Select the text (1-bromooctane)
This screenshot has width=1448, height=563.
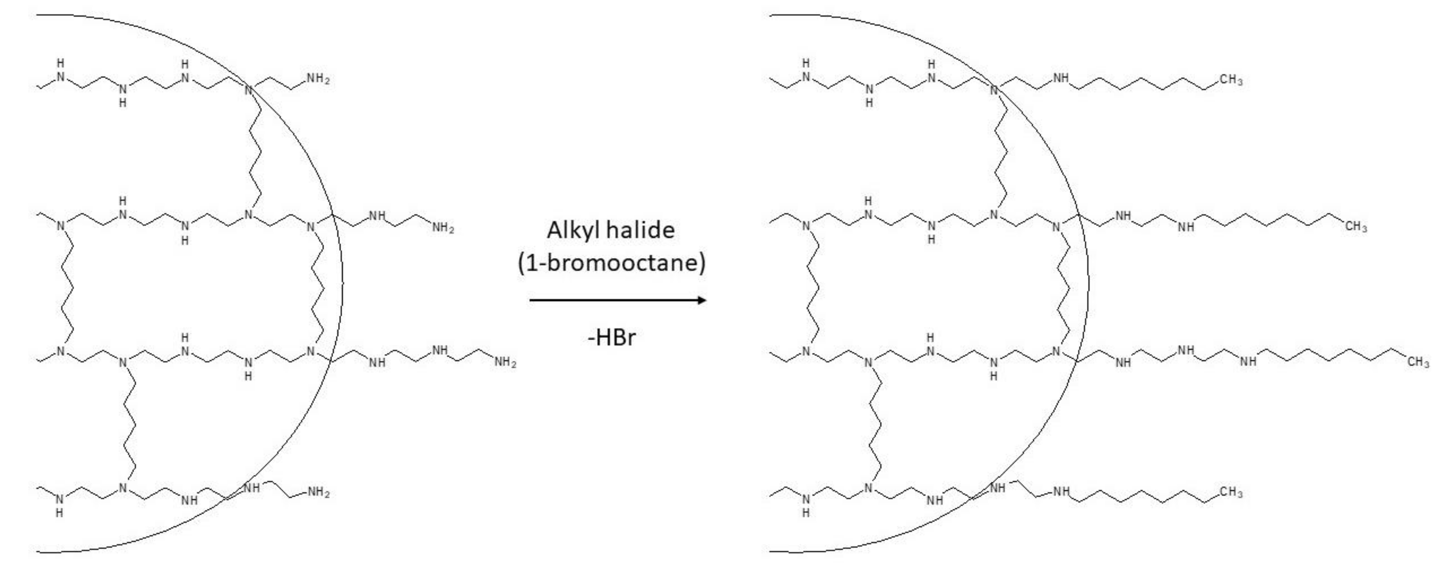click(x=611, y=263)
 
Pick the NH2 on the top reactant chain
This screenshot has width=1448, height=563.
click(x=318, y=79)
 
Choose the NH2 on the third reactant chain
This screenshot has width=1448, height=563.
click(x=505, y=362)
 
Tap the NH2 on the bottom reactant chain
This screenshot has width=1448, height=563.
click(x=318, y=493)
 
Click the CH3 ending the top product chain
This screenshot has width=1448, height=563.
click(x=1230, y=80)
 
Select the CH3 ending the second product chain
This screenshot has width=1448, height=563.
click(x=1356, y=227)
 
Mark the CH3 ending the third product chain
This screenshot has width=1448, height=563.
click(x=1418, y=362)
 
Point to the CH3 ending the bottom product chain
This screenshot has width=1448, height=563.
click(x=1230, y=492)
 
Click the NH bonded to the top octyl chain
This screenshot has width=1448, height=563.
click(x=1061, y=78)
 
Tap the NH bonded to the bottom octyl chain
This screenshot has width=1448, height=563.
click(x=1061, y=492)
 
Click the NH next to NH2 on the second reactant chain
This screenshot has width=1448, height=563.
click(x=377, y=216)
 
